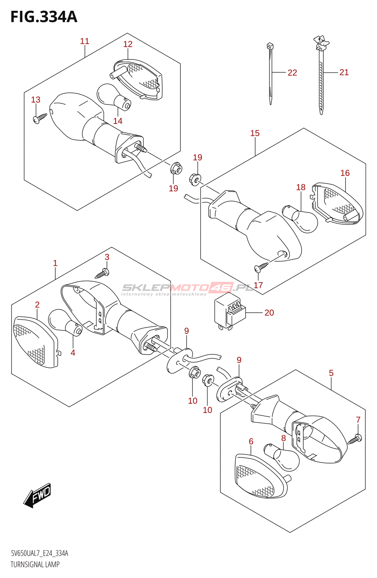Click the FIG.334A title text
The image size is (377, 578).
44,17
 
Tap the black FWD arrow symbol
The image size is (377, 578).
38,495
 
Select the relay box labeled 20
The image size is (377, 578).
229,311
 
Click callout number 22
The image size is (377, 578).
292,73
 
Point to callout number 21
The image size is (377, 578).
344,72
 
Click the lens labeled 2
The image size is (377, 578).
34,341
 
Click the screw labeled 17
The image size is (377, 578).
261,267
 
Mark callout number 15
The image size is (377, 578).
255,133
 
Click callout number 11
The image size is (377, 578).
84,41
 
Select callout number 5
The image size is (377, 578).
331,373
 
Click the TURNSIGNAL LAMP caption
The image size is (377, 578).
35,564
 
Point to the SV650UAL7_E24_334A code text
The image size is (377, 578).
39,553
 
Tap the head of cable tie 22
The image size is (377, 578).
270,46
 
